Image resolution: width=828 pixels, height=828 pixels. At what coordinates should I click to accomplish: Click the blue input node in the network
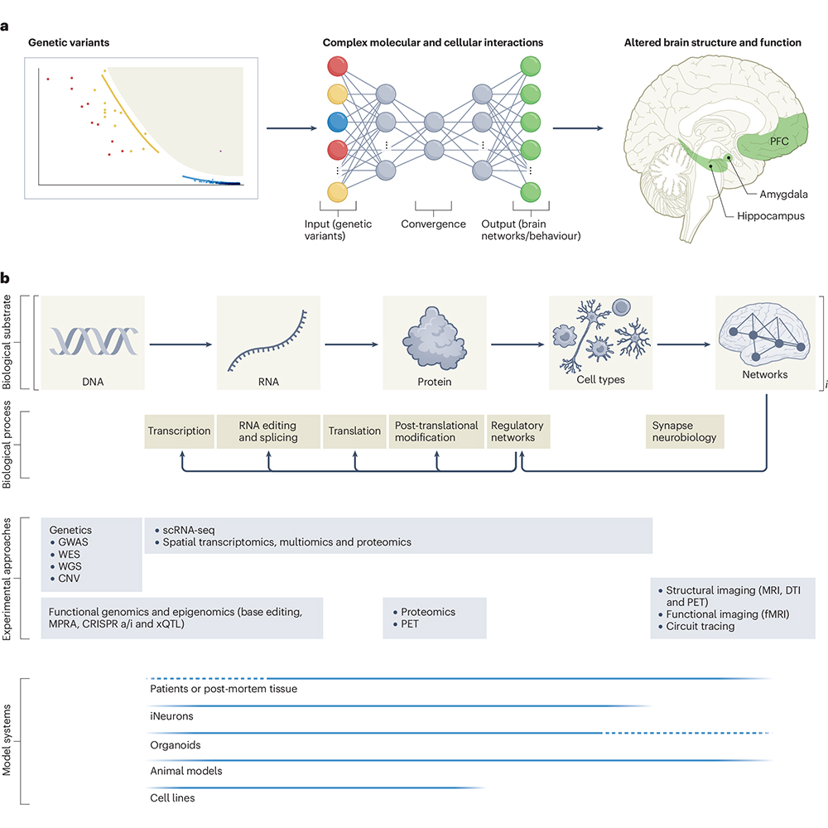click(x=338, y=122)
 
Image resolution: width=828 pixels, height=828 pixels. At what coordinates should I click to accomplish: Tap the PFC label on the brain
click(x=779, y=142)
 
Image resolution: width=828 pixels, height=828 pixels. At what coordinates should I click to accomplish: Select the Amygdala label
click(x=783, y=195)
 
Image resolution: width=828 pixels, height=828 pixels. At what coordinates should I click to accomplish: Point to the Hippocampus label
click(x=770, y=216)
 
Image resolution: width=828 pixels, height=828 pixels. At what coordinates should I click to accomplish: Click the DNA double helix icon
click(x=94, y=340)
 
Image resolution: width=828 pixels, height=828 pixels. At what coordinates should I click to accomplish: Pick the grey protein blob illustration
click(x=434, y=338)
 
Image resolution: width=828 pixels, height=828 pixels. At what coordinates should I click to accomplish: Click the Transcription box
click(x=179, y=431)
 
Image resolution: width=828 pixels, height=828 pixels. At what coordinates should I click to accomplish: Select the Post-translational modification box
click(x=436, y=431)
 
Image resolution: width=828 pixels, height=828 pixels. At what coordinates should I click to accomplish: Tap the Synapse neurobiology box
click(x=685, y=431)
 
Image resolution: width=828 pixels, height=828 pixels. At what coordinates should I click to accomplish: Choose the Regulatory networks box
click(x=518, y=431)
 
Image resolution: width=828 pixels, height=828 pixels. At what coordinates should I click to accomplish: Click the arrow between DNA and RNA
click(x=181, y=344)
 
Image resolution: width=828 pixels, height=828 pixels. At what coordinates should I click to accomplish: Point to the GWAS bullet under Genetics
click(x=70, y=542)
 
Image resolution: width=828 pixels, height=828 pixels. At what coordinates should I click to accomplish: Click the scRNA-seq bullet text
click(x=185, y=530)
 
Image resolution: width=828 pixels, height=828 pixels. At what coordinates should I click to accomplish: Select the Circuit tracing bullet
click(x=696, y=626)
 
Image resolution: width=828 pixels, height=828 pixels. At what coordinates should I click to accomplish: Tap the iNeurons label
click(x=171, y=716)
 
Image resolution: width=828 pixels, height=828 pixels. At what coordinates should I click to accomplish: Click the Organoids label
click(x=176, y=745)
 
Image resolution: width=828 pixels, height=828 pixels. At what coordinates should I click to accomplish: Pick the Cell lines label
click(x=172, y=798)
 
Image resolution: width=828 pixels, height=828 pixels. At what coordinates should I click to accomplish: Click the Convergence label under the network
click(x=433, y=224)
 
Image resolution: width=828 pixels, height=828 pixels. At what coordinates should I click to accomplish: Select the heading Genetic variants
click(x=69, y=42)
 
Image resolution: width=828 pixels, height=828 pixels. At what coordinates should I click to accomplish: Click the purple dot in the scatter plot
click(x=221, y=151)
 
